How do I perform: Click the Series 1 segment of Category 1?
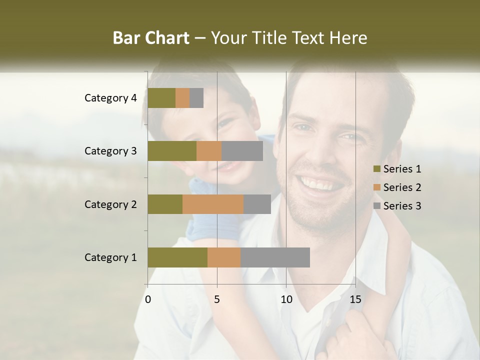point(177,257)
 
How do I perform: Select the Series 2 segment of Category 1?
point(224,257)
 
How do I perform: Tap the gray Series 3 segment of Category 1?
point(275,257)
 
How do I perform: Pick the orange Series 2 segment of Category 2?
point(213,204)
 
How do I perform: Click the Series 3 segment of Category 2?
point(257,204)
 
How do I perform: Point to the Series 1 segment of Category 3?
point(172,151)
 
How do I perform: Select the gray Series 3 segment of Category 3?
point(242,151)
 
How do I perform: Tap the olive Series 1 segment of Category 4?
point(161,98)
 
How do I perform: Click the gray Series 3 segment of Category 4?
point(196,98)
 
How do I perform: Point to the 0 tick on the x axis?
point(148,299)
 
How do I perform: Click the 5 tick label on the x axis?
point(217,299)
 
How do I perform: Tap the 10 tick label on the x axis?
point(286,299)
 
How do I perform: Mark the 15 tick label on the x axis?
point(355,299)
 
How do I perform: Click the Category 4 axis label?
point(110,98)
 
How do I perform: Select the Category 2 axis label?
point(110,204)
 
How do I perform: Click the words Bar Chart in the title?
point(151,38)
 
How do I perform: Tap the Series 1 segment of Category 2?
point(165,204)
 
